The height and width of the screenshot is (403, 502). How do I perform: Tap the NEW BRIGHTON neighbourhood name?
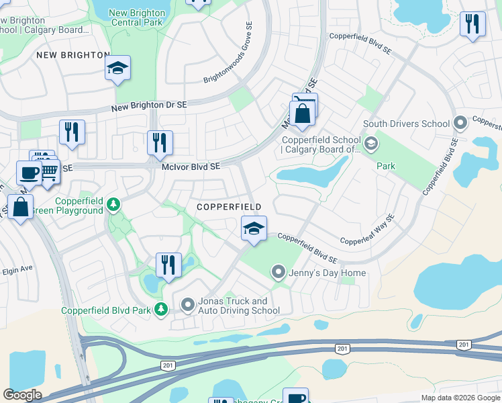click(x=73, y=54)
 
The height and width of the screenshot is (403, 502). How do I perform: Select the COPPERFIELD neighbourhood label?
click(x=229, y=207)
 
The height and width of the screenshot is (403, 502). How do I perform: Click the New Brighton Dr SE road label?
click(x=148, y=105)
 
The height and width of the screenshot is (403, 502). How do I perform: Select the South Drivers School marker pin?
click(x=460, y=124)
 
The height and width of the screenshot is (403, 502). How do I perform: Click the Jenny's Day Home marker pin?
click(x=279, y=272)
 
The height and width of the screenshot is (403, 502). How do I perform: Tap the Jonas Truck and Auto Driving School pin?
click(x=188, y=305)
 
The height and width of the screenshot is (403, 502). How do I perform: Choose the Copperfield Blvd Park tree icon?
click(x=161, y=309)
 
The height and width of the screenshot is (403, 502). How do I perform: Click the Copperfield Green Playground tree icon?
click(x=114, y=204)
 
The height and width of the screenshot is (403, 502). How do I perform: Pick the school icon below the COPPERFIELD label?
click(x=254, y=229)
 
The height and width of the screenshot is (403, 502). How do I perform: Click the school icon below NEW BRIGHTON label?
click(x=117, y=69)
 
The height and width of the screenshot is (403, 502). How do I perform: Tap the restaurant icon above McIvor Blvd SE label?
click(x=160, y=143)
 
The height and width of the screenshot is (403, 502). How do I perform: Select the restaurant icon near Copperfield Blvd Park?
click(x=168, y=265)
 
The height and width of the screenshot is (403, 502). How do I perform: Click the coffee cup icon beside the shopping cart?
click(x=28, y=173)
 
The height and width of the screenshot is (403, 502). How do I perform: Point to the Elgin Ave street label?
click(x=18, y=267)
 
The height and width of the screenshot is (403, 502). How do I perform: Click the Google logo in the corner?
click(x=22, y=395)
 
